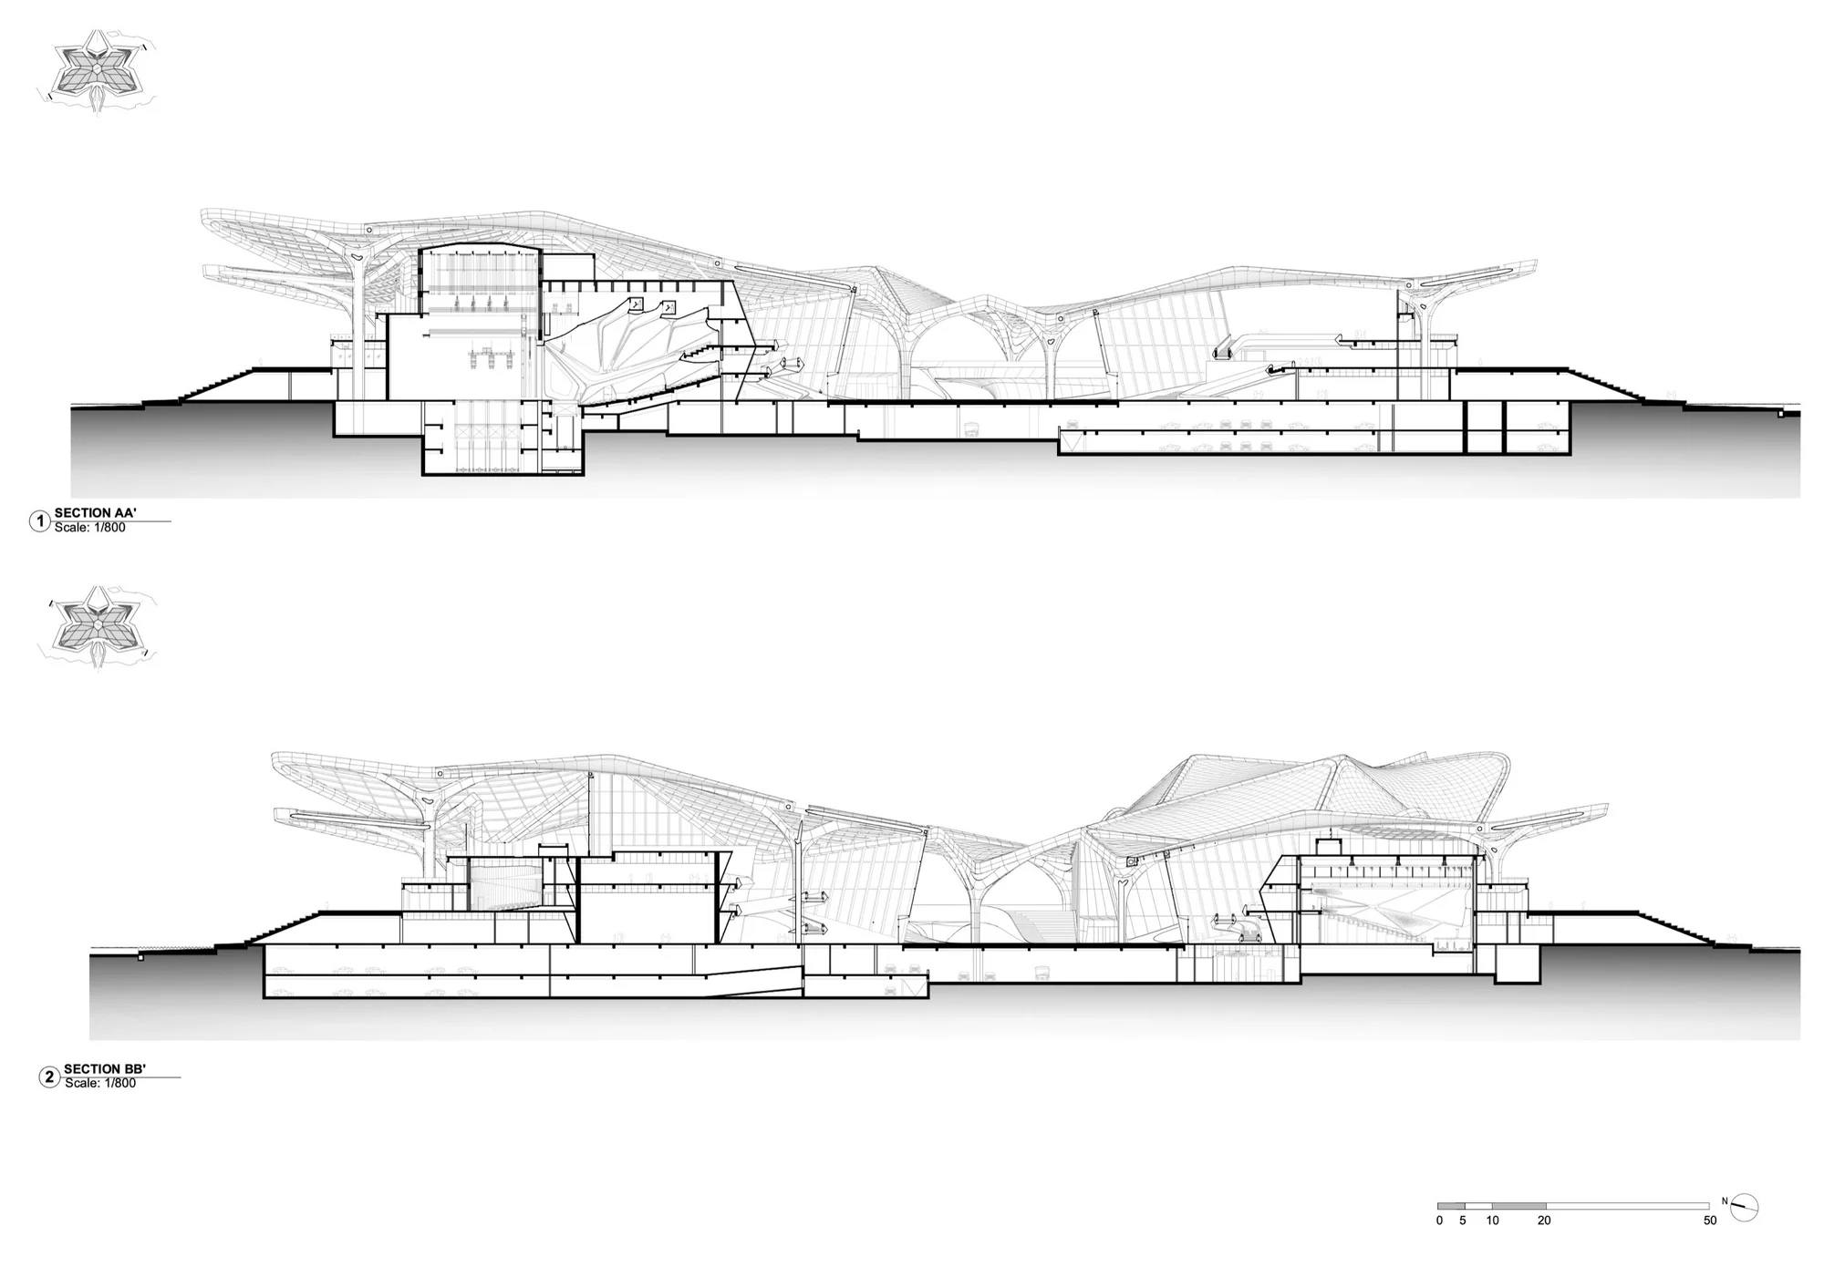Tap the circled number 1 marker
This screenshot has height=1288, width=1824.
(40, 521)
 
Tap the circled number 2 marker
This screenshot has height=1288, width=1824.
(49, 1077)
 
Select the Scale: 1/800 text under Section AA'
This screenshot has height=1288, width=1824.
(90, 527)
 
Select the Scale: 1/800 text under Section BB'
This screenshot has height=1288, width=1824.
(100, 1083)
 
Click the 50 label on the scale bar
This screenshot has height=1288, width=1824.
(1710, 1221)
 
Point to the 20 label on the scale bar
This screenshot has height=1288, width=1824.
(1544, 1221)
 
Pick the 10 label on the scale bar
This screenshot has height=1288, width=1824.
(1492, 1221)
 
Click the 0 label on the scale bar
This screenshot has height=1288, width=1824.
(1439, 1221)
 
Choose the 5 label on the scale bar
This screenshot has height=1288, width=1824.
(1463, 1221)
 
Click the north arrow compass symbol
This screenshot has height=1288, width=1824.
(1744, 1208)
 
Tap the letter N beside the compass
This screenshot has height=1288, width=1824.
(1725, 1200)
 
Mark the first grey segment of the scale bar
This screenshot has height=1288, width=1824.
(1451, 1206)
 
